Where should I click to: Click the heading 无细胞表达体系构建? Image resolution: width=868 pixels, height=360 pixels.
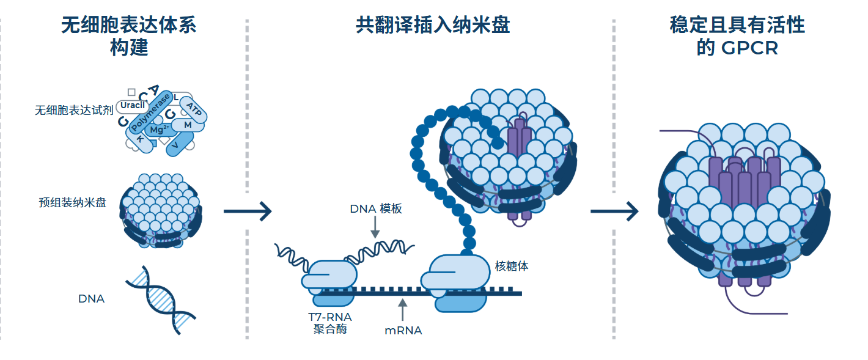[x=129, y=36]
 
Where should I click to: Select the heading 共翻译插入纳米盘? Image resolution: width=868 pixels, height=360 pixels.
[x=433, y=25]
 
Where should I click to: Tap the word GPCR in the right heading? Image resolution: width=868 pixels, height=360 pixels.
[x=750, y=48]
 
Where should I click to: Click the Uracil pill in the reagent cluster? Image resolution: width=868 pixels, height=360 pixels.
[x=132, y=106]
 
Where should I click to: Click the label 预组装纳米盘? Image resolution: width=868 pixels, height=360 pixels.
[x=72, y=203]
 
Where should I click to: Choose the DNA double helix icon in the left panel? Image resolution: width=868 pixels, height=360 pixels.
[x=161, y=299]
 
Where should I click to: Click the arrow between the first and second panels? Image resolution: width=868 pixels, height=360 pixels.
[x=247, y=211]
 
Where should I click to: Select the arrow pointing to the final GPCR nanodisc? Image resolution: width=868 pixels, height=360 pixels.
[x=614, y=211]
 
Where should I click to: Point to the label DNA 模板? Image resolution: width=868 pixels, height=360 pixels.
[x=376, y=208]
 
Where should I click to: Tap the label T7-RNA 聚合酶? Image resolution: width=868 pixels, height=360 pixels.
[x=331, y=323]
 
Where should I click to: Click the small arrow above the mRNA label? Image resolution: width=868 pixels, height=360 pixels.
[x=402, y=309]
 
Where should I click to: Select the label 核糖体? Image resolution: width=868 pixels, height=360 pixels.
[x=511, y=266]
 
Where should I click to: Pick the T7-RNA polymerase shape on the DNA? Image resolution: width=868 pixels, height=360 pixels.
[x=329, y=279]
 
